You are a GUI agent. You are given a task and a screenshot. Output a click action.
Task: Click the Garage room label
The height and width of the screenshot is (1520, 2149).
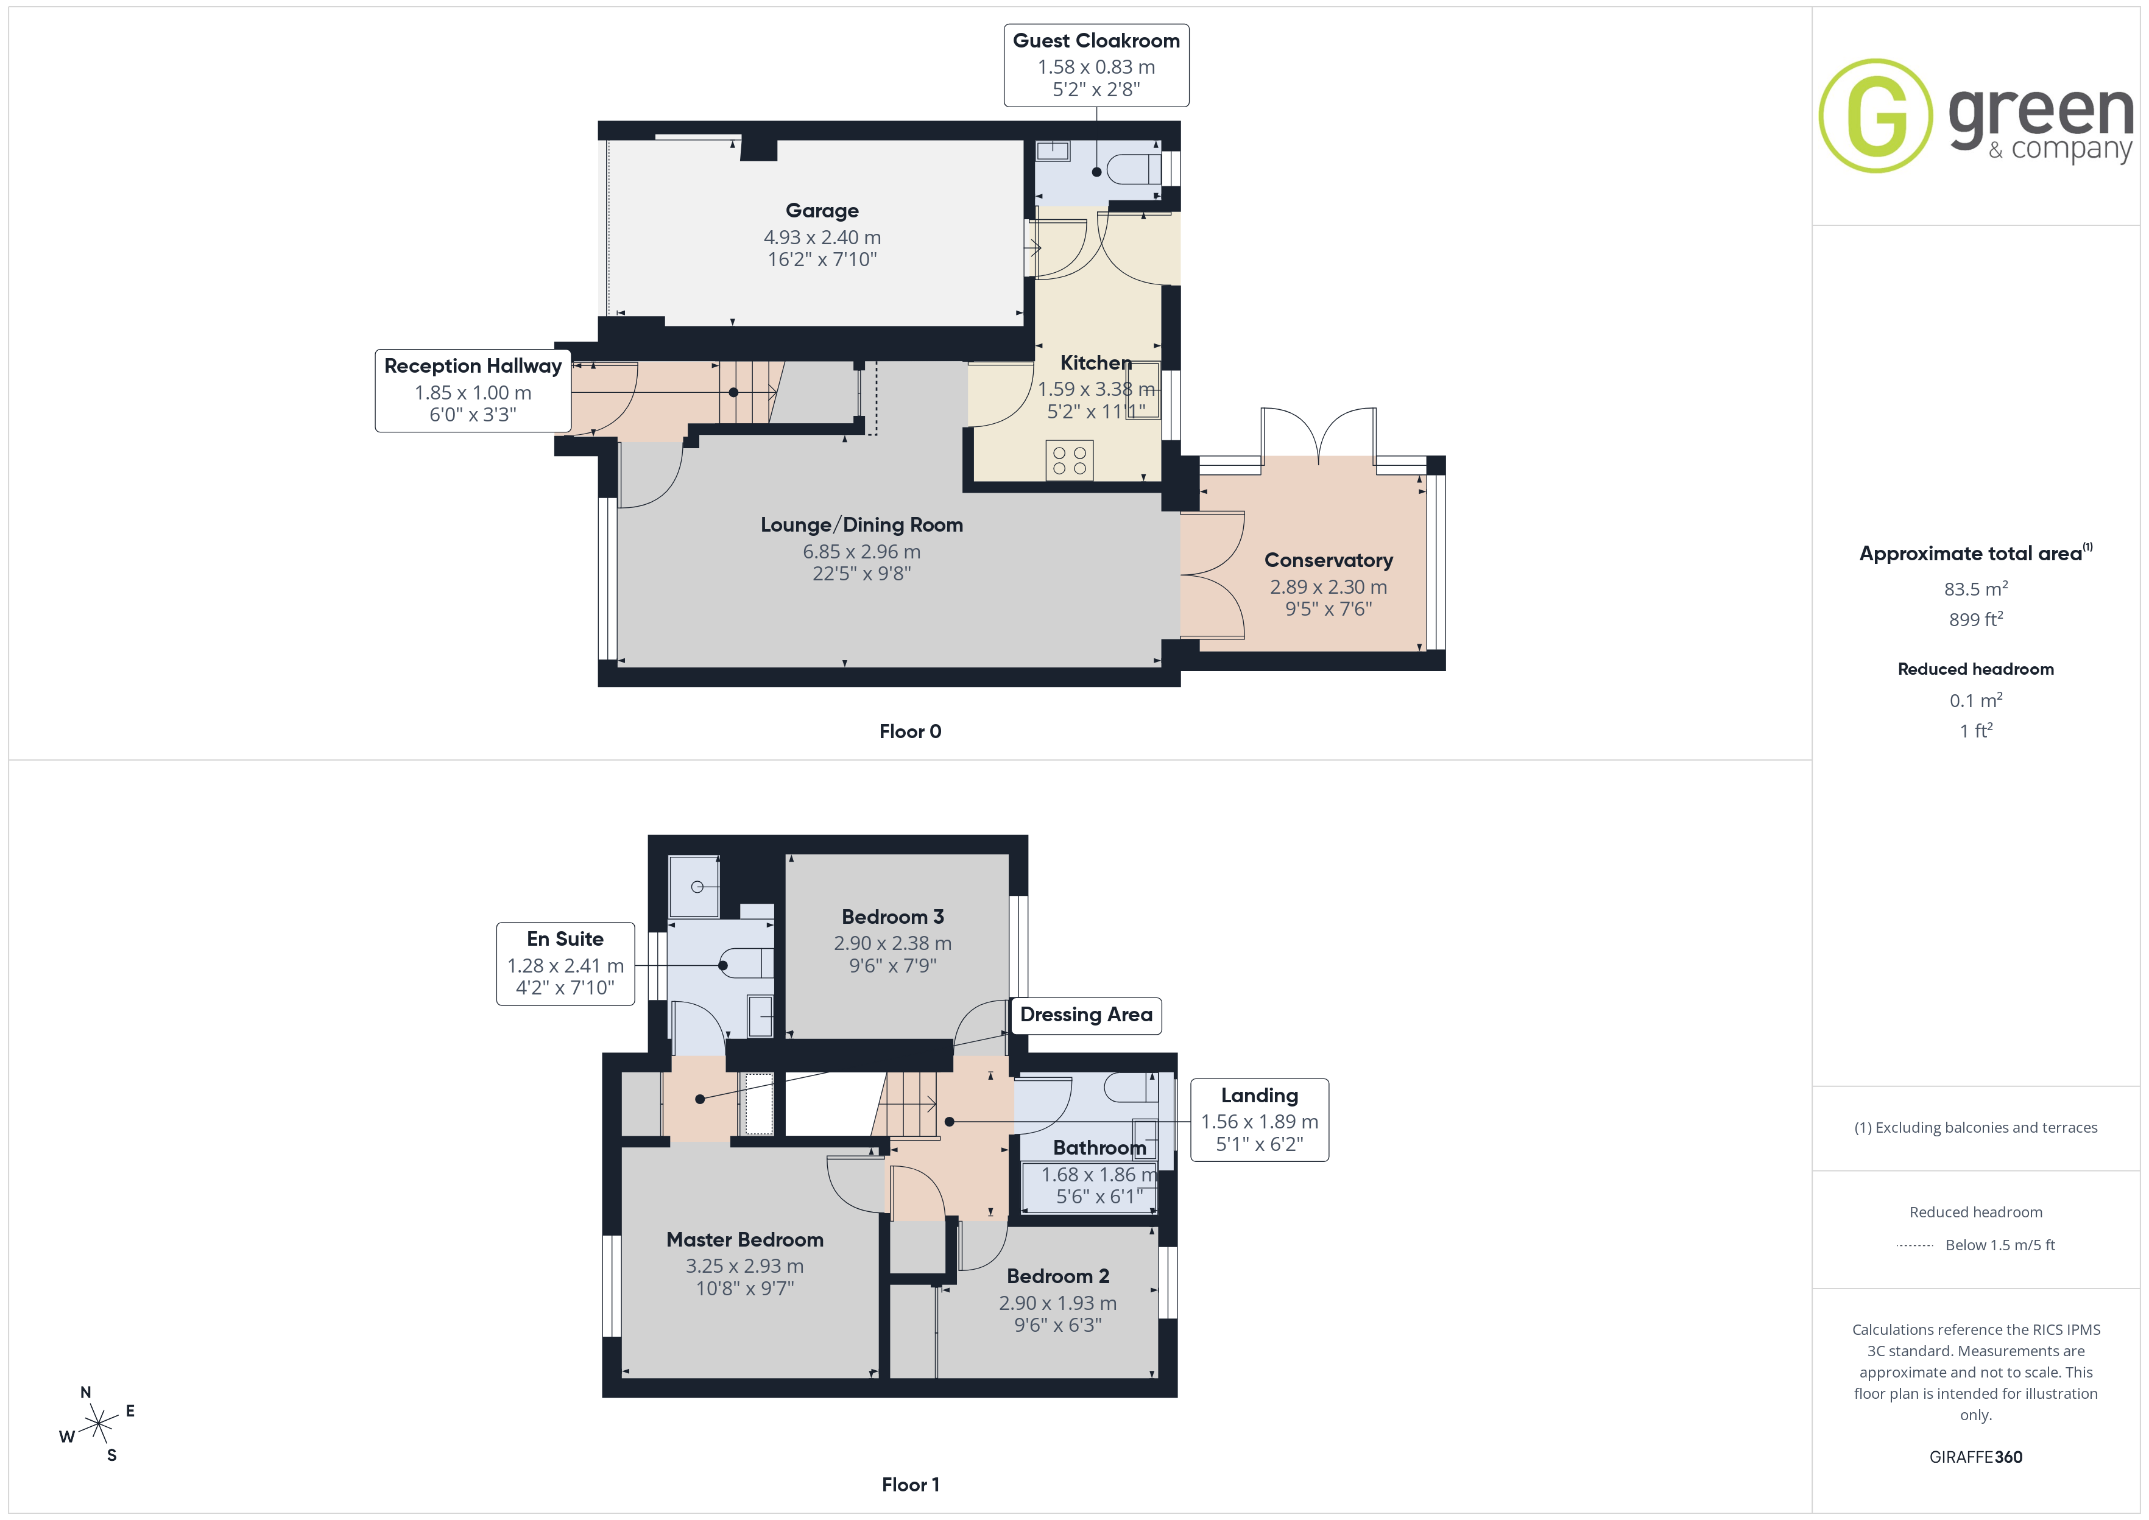point(822,211)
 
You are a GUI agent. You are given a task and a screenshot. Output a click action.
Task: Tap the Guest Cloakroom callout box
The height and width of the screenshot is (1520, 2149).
point(1096,66)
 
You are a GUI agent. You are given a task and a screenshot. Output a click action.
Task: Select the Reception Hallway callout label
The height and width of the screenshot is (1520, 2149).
point(473,390)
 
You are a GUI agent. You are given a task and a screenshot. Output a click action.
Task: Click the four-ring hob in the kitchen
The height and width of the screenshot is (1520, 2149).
point(1069,460)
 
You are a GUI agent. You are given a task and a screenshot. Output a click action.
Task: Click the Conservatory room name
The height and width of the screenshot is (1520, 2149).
point(1328,560)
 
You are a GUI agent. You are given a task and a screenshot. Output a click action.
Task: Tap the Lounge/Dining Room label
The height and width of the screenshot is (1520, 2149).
point(861,525)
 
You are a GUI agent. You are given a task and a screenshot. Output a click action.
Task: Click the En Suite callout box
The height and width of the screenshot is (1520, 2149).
point(565,964)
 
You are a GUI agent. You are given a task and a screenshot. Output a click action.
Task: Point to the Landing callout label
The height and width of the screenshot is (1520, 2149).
point(1259,1121)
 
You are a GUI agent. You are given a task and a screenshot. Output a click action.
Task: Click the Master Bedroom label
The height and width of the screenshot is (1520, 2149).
point(745,1239)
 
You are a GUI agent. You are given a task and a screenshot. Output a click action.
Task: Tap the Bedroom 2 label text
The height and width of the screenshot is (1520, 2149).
point(1057,1276)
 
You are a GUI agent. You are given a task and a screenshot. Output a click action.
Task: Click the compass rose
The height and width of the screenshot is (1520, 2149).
point(97,1424)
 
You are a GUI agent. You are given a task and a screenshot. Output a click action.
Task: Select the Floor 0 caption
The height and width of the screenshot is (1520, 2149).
point(910,732)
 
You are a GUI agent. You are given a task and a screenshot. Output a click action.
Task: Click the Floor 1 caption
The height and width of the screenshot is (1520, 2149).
point(910,1485)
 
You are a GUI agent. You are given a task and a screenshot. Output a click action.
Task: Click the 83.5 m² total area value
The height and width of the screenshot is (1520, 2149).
point(1975,589)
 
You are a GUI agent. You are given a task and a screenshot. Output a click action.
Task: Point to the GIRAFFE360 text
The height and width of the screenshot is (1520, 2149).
point(1975,1457)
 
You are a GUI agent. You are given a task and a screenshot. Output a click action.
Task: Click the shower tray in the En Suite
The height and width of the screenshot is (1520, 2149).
point(694,886)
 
